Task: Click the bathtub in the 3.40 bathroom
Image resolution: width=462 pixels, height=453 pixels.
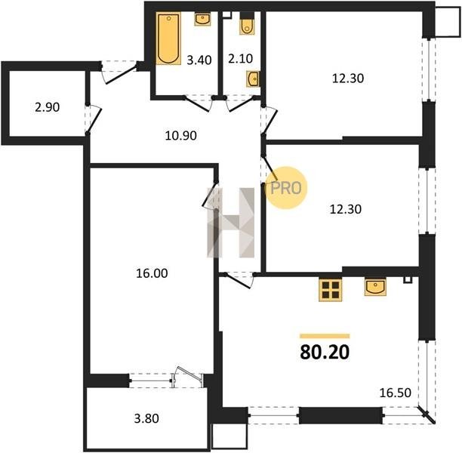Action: (168, 39)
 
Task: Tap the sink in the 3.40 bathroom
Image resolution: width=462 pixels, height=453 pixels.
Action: (202, 19)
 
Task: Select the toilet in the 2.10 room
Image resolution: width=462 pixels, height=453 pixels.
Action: (247, 23)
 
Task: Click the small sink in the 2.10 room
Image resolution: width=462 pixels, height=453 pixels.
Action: (253, 79)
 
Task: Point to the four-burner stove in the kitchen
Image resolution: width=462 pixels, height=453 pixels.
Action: (331, 290)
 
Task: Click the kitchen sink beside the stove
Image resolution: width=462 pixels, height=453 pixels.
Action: (375, 288)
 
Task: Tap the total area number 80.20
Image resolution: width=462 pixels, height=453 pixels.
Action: (325, 352)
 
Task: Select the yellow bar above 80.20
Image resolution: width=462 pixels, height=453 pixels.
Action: (325, 336)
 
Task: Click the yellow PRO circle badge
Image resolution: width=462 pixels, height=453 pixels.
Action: (286, 188)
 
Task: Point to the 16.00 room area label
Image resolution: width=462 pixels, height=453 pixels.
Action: (152, 273)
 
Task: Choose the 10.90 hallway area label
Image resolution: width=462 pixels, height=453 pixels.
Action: (181, 136)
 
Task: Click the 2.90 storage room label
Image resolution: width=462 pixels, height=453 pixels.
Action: (47, 107)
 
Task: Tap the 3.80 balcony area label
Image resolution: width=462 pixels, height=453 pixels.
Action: (146, 418)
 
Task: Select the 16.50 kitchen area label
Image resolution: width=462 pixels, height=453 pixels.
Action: (395, 393)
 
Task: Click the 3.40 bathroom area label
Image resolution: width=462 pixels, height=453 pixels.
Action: (199, 60)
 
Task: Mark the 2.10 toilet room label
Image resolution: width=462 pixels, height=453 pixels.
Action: (240, 59)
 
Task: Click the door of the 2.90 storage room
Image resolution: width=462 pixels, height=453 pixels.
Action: (94, 119)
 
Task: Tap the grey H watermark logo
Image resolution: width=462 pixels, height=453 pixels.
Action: (231, 223)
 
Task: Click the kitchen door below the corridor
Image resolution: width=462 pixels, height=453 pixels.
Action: (239, 281)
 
